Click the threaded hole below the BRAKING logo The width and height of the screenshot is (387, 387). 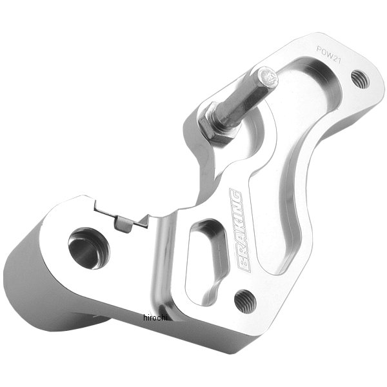244,298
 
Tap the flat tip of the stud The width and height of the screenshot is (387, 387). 270,79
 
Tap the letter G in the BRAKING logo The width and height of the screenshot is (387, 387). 236,195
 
